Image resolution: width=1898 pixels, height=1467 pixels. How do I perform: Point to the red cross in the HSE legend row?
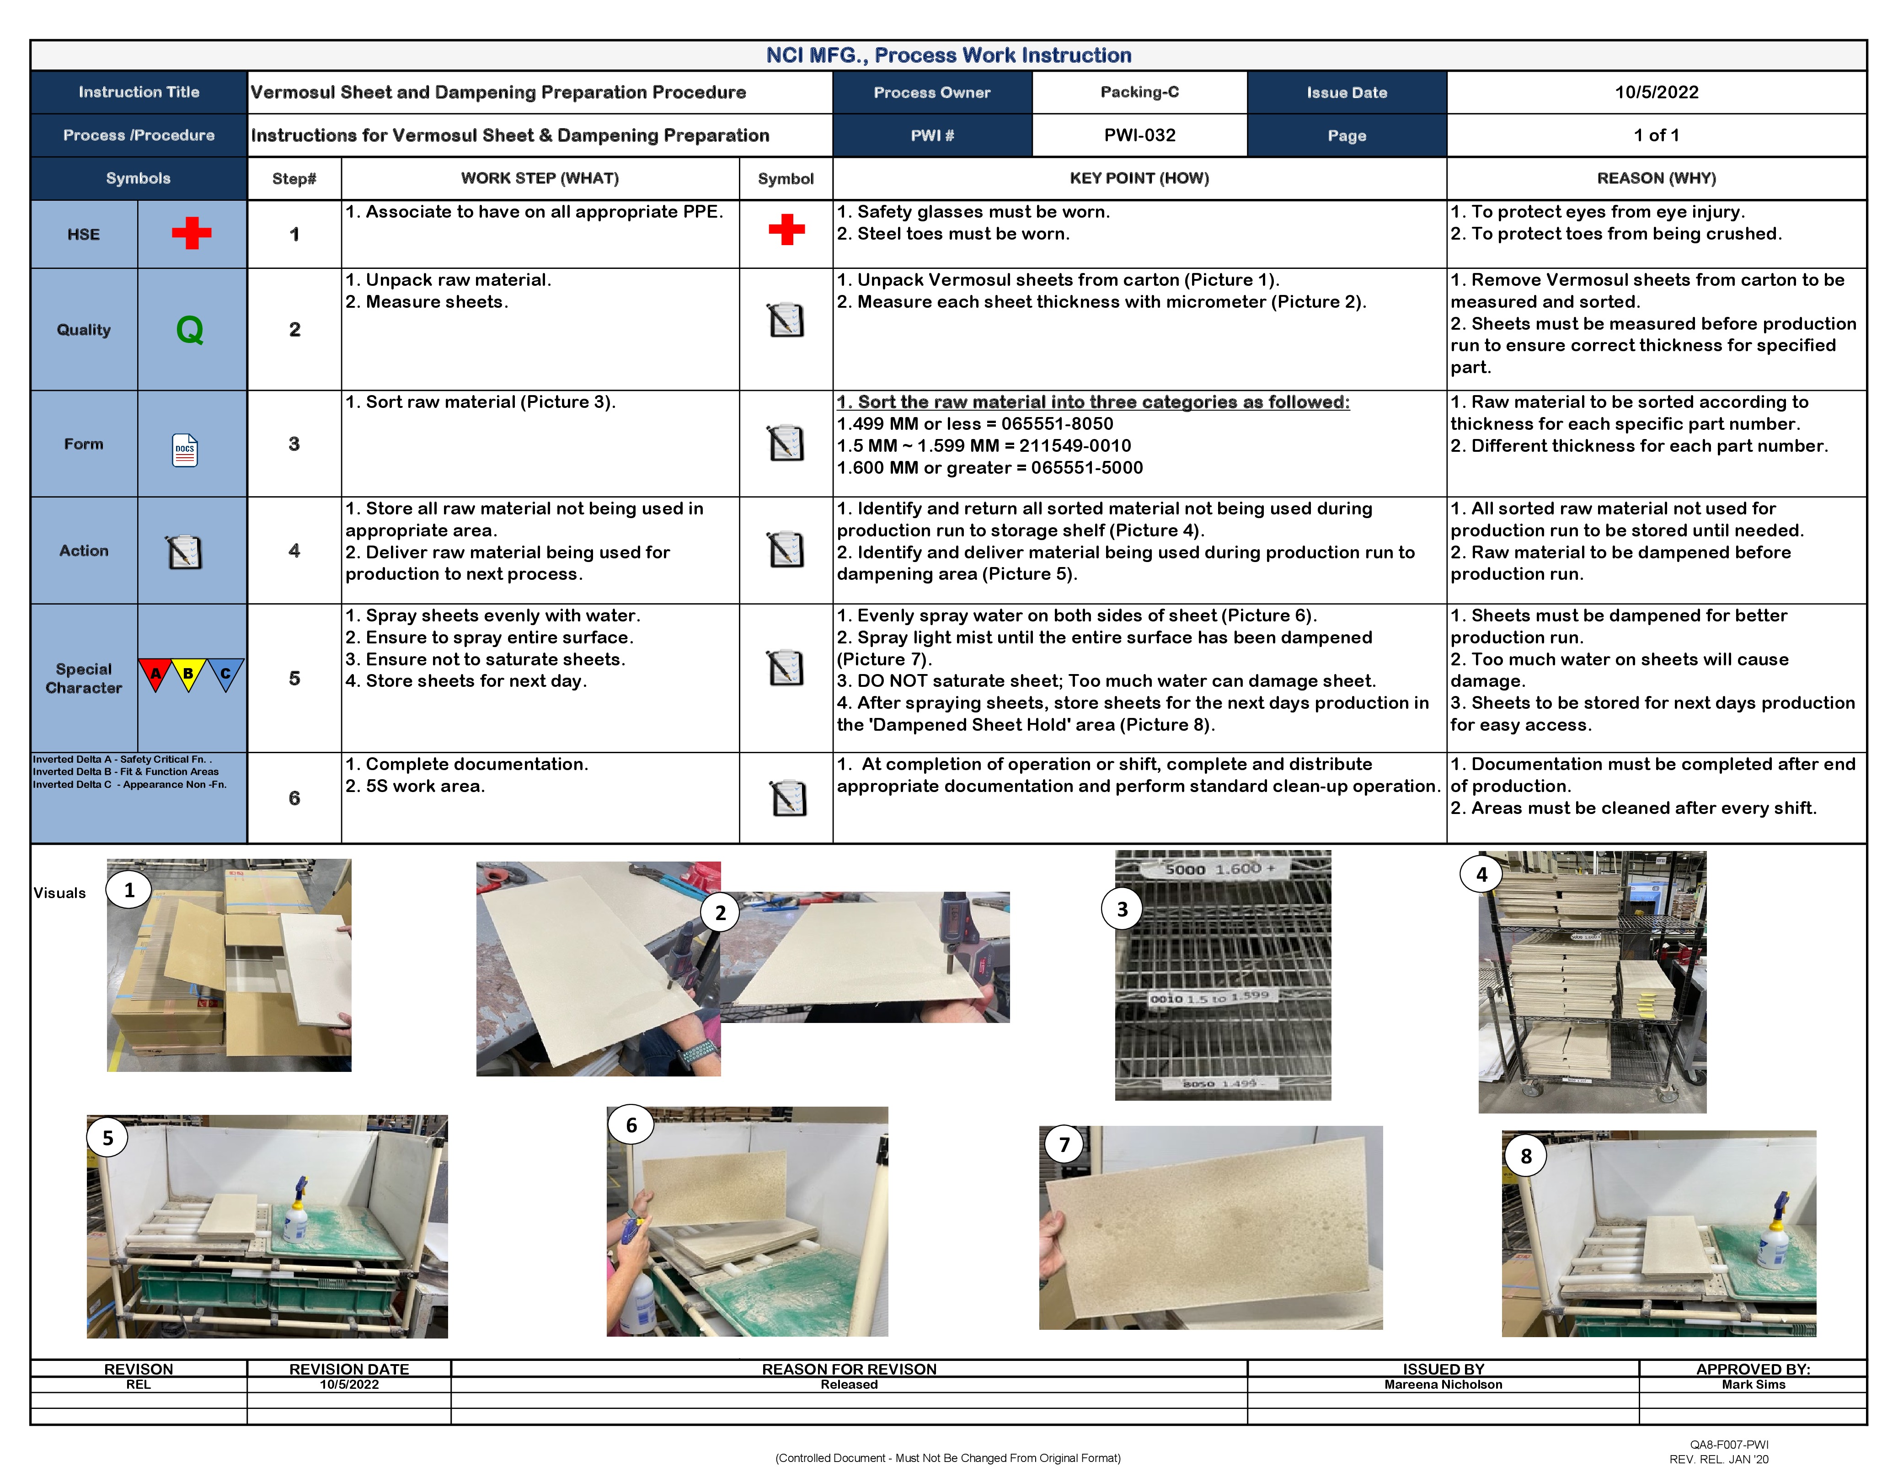[x=191, y=233]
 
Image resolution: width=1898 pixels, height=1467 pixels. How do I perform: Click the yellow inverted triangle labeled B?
[x=188, y=674]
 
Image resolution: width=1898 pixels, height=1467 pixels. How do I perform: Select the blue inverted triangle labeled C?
[x=225, y=674]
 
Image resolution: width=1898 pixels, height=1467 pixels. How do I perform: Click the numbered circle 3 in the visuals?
[x=1122, y=909]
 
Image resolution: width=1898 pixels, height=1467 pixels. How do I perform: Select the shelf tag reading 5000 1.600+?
[x=1220, y=869]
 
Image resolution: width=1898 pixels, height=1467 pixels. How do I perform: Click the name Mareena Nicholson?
[x=1443, y=1384]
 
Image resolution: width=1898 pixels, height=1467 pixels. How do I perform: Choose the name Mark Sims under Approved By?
[x=1753, y=1384]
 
